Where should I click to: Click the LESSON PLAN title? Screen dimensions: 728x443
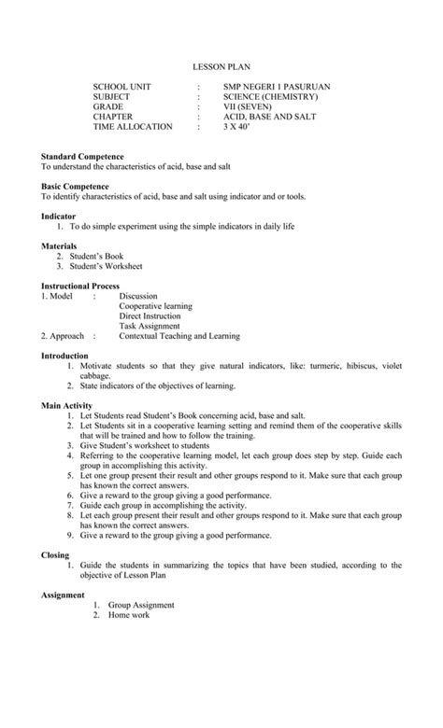pos(221,67)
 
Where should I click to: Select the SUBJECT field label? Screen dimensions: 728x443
pos(112,97)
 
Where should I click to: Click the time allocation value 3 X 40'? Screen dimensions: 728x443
pos(236,127)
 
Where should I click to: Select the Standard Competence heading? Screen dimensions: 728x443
pos(82,156)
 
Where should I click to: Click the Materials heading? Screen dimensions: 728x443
pos(59,246)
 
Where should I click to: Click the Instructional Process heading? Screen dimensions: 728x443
pos(79,286)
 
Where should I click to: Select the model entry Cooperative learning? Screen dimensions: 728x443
pos(155,306)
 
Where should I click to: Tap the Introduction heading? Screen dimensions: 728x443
pos(64,357)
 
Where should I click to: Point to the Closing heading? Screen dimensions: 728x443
pos(54,555)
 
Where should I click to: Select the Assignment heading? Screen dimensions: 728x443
pos(63,595)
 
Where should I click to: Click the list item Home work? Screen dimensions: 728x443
pos(128,616)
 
